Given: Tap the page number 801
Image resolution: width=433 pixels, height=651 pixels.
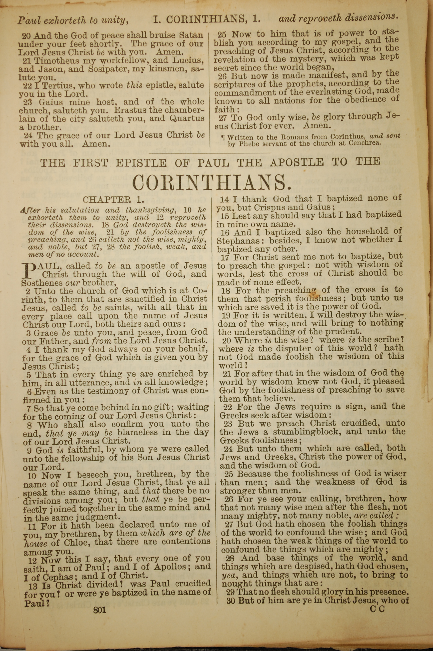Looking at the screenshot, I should (100, 631).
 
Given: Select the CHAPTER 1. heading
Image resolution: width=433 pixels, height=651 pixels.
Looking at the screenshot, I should (113, 200).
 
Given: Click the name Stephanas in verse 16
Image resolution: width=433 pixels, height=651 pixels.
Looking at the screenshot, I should (238, 241).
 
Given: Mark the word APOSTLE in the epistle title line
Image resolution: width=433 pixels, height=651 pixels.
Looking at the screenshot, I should (297, 162).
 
